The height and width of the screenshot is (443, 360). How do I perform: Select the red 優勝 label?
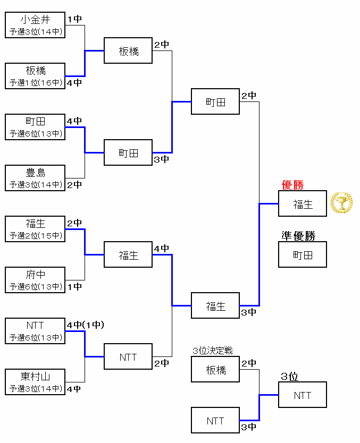pyautogui.click(x=292, y=185)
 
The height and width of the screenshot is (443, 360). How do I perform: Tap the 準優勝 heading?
pyautogui.click(x=298, y=236)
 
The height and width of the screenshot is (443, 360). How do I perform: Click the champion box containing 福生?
pyautogui.click(x=303, y=204)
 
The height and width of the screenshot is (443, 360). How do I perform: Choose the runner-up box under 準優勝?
pyautogui.click(x=303, y=255)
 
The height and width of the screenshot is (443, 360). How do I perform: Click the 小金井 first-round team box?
pyautogui.click(x=35, y=25)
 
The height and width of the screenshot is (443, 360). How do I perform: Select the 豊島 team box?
pyautogui.click(x=35, y=178)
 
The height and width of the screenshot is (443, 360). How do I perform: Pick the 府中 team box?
pyautogui.click(x=35, y=280)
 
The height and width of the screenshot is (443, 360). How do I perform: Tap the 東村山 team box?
pyautogui.click(x=35, y=382)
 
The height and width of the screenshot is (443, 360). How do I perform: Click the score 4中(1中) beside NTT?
pyautogui.click(x=85, y=325)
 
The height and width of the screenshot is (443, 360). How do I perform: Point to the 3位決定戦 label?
pyautogui.click(x=213, y=351)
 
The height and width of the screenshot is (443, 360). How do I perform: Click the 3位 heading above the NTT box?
pyautogui.click(x=289, y=377)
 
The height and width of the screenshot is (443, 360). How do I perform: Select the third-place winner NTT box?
pyautogui.click(x=303, y=395)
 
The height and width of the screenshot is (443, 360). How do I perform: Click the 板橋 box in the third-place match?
pyautogui.click(x=215, y=370)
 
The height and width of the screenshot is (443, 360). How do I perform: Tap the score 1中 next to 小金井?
pyautogui.click(x=74, y=19)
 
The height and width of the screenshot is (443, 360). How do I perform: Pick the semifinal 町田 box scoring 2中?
pyautogui.click(x=215, y=101)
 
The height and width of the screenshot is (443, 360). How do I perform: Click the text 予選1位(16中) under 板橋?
pyautogui.click(x=35, y=83)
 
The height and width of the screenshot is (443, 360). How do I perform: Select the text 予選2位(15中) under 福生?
pyautogui.click(x=35, y=236)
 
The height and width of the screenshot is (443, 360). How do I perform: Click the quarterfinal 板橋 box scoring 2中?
pyautogui.click(x=128, y=51)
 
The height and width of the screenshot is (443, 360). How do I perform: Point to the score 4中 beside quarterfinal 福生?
pyautogui.click(x=162, y=249)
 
